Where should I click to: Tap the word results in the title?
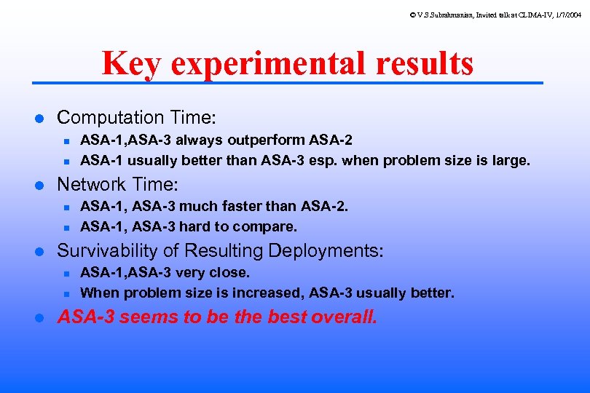tap(425, 64)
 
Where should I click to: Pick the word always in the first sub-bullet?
tap(200, 140)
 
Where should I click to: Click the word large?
tap(511, 160)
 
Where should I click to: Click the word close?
tap(233, 272)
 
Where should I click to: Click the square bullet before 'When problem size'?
tap(66, 294)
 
